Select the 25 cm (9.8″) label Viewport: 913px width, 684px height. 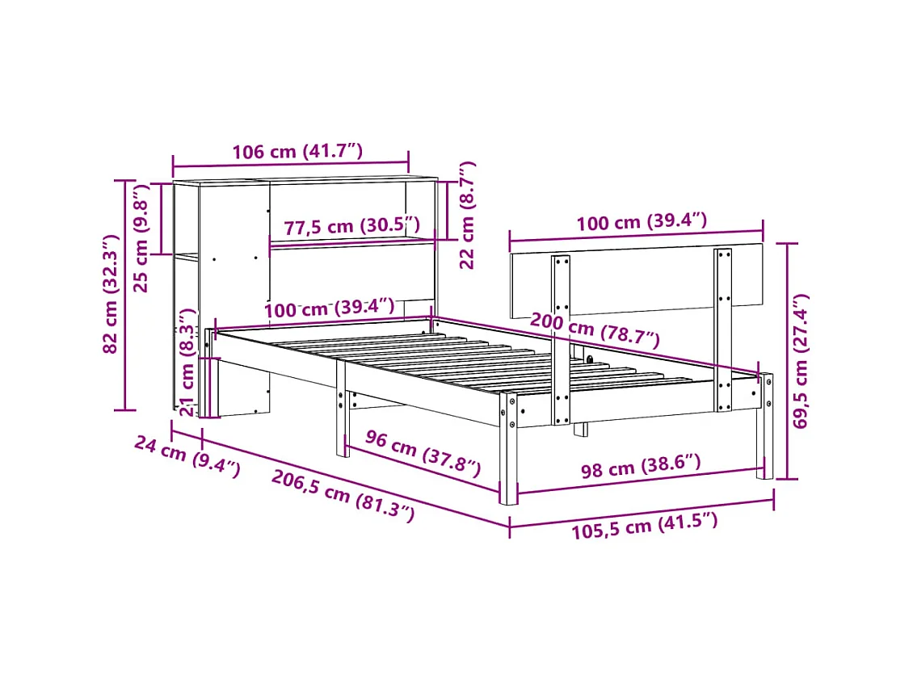142,239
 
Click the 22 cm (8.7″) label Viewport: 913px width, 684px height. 466,215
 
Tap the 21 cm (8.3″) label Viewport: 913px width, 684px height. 187,362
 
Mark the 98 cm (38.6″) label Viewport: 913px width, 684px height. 641,467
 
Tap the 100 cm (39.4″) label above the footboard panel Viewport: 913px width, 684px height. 642,222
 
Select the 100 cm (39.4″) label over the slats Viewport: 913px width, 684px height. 330,307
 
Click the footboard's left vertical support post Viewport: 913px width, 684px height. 561,339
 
